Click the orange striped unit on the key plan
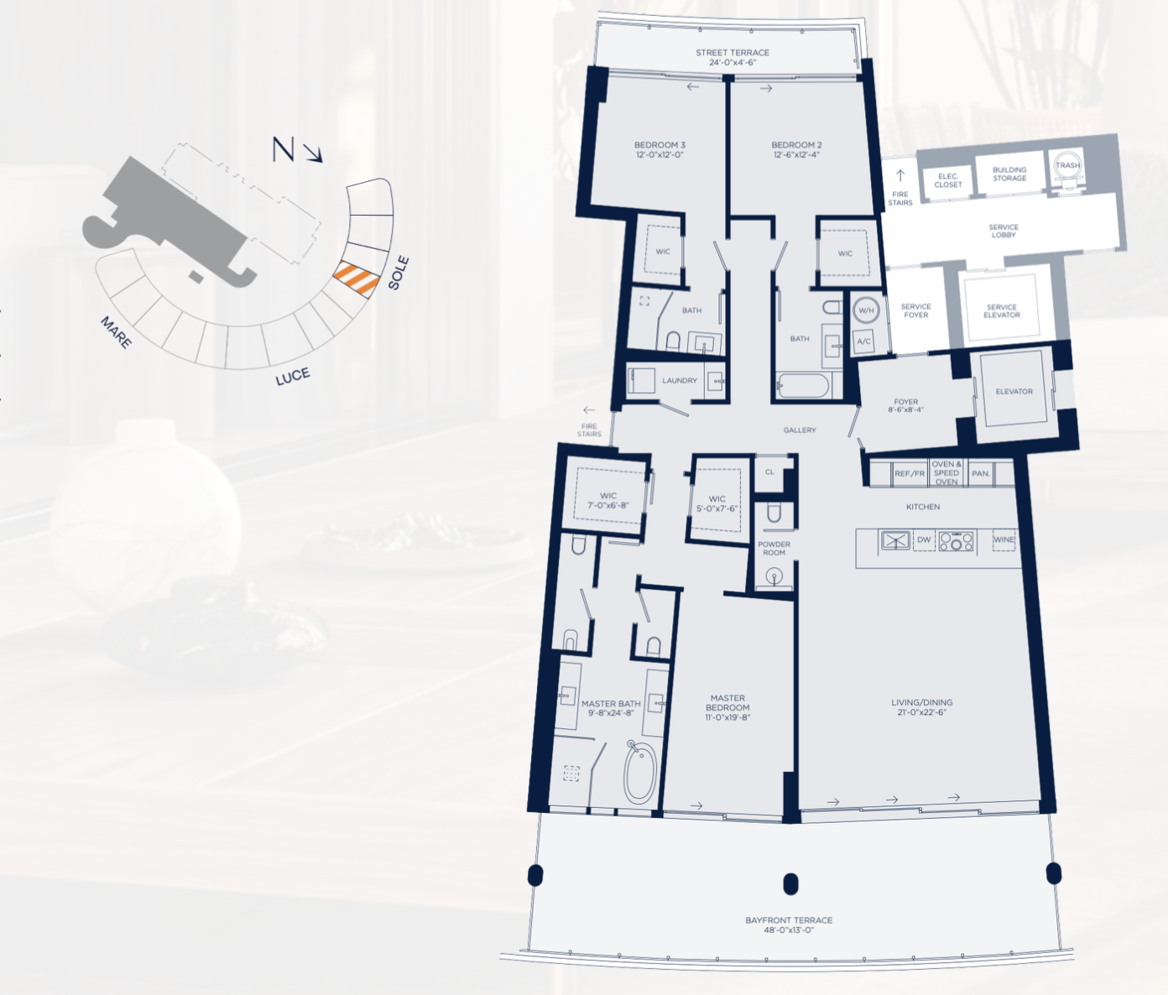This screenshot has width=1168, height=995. point(356,279)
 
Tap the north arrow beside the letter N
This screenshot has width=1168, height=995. point(312,153)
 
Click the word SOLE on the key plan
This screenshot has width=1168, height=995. point(399,273)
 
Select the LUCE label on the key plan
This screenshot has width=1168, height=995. point(293,377)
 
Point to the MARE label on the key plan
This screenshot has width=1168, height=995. point(117,332)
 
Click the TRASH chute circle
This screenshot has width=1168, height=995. point(1067,165)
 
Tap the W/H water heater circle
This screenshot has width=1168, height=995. point(866,310)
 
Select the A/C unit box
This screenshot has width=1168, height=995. point(864,341)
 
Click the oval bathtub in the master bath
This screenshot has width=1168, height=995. point(641,773)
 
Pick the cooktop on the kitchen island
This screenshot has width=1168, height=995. point(956,541)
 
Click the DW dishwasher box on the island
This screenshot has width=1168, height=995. point(924,540)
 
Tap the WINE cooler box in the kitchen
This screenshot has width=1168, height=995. point(1004,539)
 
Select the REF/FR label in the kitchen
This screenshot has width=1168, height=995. point(910,474)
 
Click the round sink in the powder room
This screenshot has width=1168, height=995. point(774,576)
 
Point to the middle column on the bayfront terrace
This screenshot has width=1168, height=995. point(790,884)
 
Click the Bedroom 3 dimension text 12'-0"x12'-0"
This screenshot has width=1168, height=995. point(660,155)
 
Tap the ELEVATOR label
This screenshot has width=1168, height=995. point(1014,391)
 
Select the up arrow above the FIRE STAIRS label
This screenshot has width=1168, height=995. point(900,175)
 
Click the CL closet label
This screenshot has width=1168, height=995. point(769,471)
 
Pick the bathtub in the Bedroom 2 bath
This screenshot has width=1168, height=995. point(803,386)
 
